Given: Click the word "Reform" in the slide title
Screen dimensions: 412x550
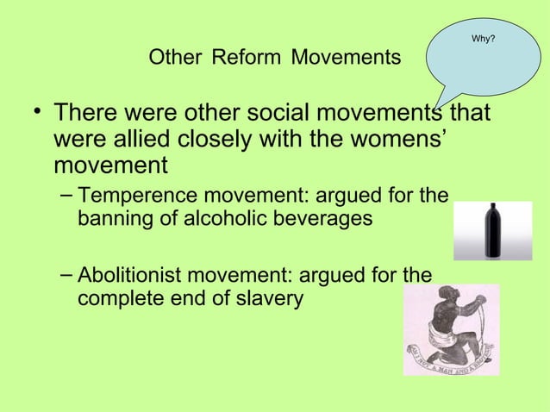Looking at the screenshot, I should [247, 59].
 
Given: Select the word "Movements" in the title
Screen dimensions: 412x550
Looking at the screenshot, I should [346, 59].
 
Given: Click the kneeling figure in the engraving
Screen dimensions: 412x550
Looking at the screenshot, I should [448, 324].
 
